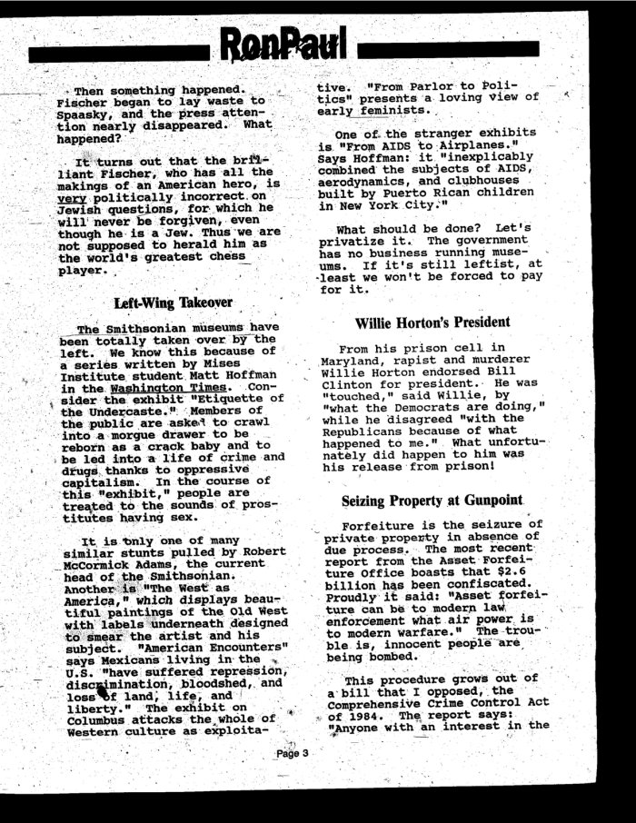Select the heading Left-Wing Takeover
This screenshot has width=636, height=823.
pos(174,302)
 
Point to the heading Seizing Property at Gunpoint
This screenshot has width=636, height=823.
pos(432,501)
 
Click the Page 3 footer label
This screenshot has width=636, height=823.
pos(293,778)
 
